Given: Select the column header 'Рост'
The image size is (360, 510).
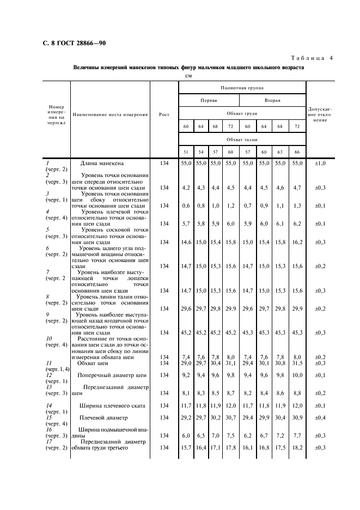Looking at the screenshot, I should coord(164,114).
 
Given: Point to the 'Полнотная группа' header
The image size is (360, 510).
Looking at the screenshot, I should coord(242,87).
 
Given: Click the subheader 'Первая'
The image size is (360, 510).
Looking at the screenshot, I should coord(209,100).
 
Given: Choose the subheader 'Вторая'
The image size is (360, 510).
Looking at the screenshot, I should coord(273,100).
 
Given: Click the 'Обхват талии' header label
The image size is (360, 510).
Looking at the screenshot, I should coord(242,139).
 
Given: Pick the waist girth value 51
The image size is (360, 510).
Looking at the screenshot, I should coord(186,152).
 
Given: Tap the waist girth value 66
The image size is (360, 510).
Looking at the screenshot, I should coord(297,152).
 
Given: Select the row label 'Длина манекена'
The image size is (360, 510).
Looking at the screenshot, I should coord(102,163).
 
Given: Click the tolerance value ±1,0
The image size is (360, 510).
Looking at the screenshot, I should coord(320,163).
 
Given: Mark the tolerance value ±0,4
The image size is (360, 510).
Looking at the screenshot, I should coord(320,418).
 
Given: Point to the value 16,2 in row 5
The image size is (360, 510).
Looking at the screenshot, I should coord(297,242).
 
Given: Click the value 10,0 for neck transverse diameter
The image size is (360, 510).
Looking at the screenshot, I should coord(297,375).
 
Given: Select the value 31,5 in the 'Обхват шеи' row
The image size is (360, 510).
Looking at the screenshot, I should coord(297,363).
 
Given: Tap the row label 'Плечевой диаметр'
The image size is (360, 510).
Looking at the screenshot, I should coord(104,418).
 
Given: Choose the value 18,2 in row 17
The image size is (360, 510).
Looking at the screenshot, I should coord(297,448).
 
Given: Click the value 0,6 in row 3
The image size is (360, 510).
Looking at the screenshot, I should coord(186,205).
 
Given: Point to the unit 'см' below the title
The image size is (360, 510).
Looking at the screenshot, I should coord(189,76).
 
